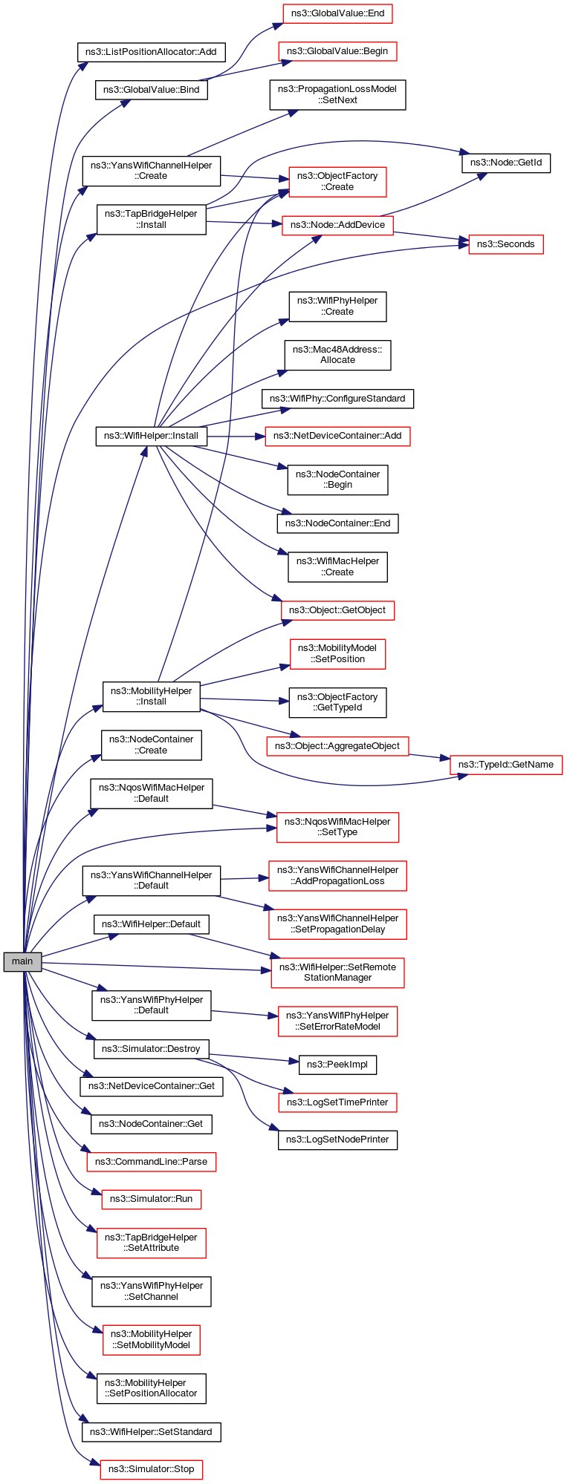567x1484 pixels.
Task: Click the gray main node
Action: [22, 961]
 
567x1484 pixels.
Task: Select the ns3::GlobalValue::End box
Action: [337, 13]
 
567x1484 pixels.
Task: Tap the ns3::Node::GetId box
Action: [505, 163]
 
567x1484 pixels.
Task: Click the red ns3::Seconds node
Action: [505, 244]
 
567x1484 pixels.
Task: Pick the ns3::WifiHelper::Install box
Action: [151, 436]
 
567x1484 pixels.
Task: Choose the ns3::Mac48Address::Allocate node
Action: [337, 355]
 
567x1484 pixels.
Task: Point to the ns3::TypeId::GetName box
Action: [505, 765]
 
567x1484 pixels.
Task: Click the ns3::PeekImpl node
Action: [337, 1065]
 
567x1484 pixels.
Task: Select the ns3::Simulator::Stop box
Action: [151, 1469]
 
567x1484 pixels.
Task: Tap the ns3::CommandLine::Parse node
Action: [151, 1161]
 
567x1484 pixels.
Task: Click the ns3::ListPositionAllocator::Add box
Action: [151, 52]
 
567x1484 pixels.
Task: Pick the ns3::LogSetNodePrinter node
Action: [337, 1140]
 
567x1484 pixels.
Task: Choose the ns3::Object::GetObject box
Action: [337, 610]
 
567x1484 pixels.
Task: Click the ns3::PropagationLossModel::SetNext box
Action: [337, 94]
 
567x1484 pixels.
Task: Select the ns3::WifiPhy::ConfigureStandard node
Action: [337, 399]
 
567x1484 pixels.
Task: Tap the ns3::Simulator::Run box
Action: [151, 1199]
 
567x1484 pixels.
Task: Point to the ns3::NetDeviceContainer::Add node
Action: [337, 436]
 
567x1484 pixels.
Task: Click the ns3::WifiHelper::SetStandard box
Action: [151, 1432]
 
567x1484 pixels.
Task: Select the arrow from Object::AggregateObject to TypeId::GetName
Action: [430, 757]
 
